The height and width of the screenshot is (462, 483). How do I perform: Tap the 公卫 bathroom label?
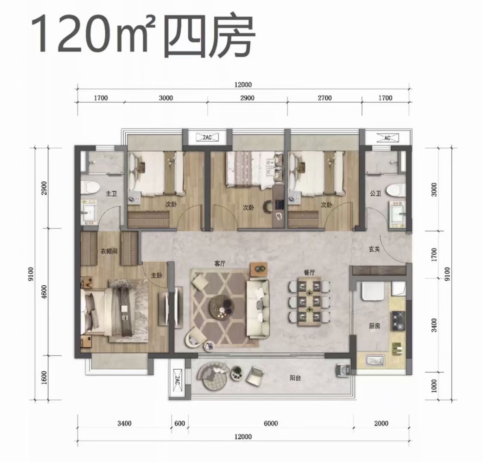click(x=376, y=193)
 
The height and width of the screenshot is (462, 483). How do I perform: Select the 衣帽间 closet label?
click(x=109, y=252)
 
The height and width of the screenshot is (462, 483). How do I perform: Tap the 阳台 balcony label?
click(x=295, y=378)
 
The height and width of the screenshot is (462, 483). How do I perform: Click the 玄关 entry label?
click(x=374, y=249)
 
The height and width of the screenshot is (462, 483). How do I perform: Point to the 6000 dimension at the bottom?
click(x=271, y=423)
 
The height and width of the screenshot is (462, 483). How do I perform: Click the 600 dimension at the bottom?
click(x=180, y=423)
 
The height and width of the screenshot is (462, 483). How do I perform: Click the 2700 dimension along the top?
click(x=325, y=98)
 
